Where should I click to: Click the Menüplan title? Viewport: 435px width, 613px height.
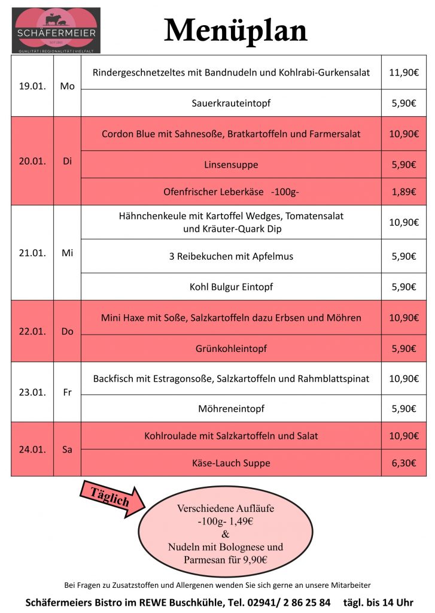236,30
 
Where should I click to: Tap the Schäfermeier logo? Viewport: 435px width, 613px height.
56,30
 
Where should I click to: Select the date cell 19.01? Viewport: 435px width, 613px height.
32,86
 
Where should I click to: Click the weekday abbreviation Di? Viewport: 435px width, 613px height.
67,161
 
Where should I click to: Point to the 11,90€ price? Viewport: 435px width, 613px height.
403,72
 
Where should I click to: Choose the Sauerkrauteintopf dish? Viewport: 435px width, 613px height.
231,103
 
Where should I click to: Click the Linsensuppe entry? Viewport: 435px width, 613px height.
231,165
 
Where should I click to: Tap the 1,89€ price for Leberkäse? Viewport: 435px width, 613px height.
404,192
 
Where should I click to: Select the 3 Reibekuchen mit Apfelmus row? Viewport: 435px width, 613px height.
231,256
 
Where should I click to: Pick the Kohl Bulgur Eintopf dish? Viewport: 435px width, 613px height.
231,287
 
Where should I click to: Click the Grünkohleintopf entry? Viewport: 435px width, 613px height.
231,348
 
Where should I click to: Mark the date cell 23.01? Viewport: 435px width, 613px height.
32,393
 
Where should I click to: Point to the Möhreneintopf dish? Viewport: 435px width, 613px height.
231,409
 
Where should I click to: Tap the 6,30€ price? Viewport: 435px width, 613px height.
404,463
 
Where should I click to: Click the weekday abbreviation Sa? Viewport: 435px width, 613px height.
67,449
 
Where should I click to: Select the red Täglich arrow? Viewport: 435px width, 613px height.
111,497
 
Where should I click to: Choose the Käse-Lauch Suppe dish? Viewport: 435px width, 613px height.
231,463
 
